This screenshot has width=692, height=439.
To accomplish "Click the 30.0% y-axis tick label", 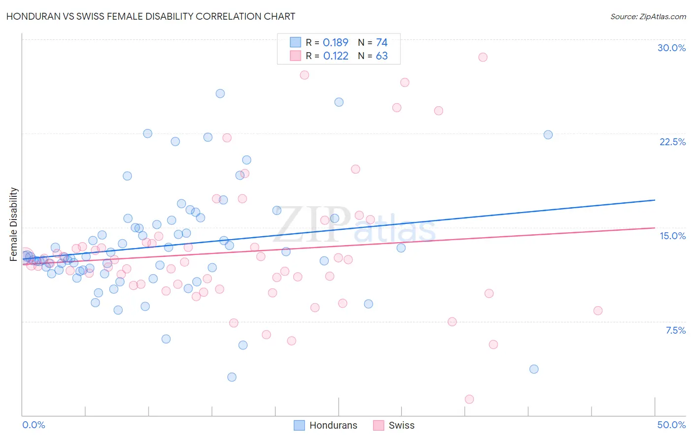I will tap(671, 48).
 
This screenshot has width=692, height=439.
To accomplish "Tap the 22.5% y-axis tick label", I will tap(672, 142).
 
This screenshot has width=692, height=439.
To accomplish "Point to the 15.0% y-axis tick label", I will tap(672, 236).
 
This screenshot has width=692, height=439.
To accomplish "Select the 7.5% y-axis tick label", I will tap(675, 330).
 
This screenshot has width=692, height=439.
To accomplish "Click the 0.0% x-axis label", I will tap(33, 425).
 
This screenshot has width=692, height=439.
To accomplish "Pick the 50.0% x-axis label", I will tap(671, 425).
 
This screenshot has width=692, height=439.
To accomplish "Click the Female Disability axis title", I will tap(14, 224).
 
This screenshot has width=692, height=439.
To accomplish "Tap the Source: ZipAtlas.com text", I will tap(648, 16).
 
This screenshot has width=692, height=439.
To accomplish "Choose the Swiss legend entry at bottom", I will tap(394, 425).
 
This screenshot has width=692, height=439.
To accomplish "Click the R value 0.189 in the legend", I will tap(336, 42).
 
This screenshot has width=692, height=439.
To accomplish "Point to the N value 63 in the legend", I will tap(382, 56).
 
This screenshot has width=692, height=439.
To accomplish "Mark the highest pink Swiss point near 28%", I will tap(483, 57).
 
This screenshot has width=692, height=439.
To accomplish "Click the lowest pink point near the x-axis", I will tap(469, 399).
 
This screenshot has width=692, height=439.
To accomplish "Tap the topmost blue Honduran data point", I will tap(220, 94).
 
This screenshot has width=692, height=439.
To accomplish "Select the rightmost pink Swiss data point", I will tap(598, 311).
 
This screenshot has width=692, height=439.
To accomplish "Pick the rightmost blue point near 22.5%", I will tap(548, 135).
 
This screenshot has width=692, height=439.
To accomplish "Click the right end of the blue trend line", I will tap(655, 200).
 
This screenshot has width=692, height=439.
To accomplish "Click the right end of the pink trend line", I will tap(655, 228).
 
